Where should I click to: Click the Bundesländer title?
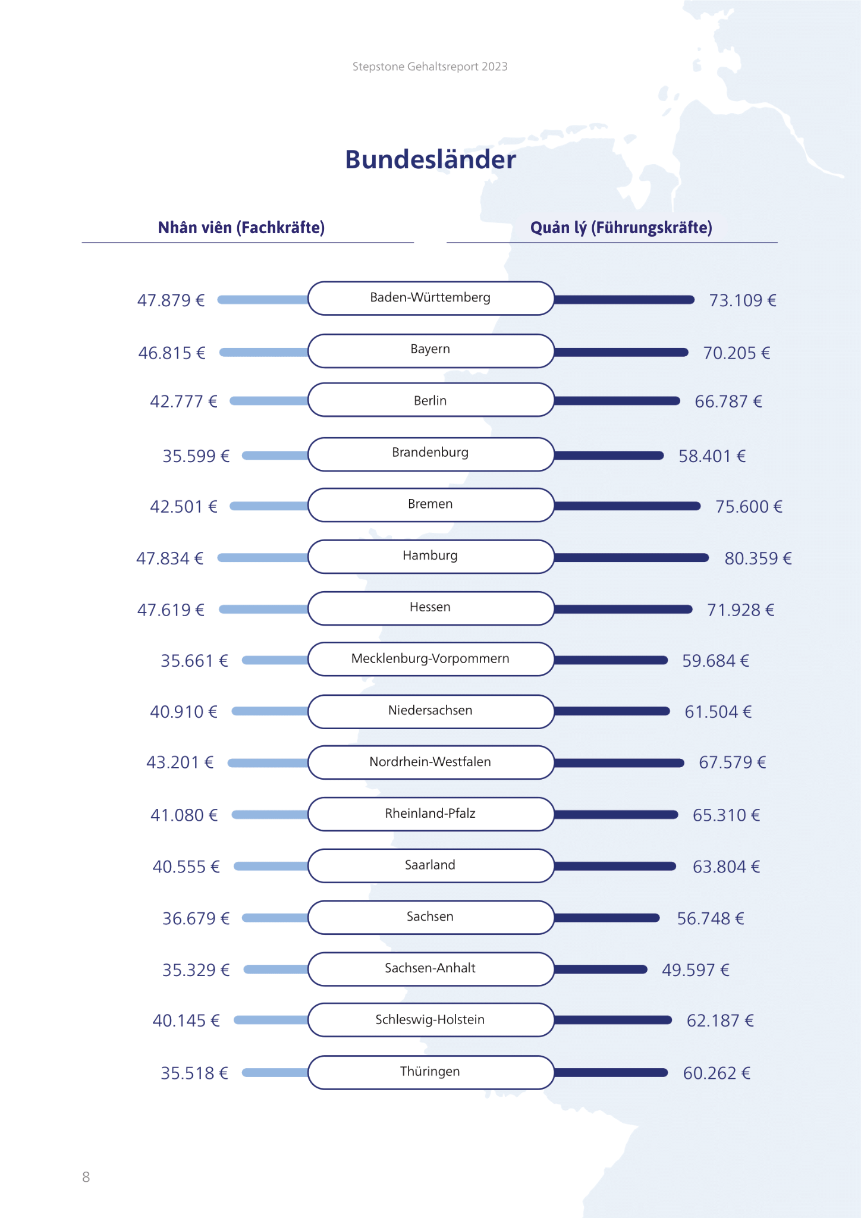pos(430,159)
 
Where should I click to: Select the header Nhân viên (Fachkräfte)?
pos(241,227)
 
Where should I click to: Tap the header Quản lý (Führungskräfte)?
pos(621,227)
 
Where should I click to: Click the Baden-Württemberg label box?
pos(430,298)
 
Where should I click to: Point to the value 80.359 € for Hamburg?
pos(758,558)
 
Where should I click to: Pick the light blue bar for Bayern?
pos(264,353)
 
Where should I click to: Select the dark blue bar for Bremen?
pos(627,506)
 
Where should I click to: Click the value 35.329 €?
pos(196,970)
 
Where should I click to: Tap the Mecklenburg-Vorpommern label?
pos(430,659)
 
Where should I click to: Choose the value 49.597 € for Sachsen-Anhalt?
pos(695,970)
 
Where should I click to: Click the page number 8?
pos(86,1177)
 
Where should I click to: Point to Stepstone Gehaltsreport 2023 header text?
pos(430,67)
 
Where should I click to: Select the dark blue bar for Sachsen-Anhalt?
pos(601,969)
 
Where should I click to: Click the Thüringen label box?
pos(430,1072)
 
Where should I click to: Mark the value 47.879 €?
pos(171,300)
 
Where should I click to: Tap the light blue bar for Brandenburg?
pos(275,456)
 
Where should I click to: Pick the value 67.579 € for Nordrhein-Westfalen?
pos(732,762)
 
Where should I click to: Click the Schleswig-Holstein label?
pos(430,1020)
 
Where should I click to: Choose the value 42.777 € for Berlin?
pos(183,401)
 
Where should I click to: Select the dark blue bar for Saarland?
pos(615,866)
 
